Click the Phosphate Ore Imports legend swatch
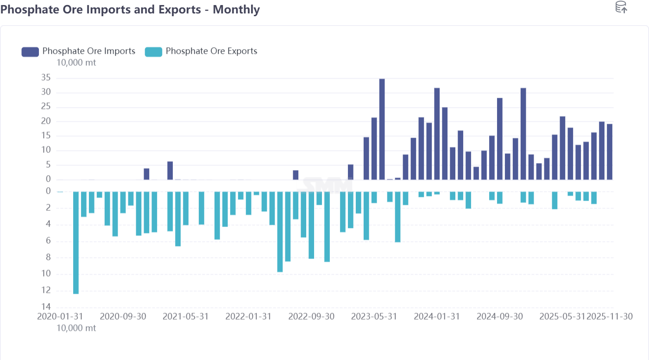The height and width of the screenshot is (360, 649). pos(30,51)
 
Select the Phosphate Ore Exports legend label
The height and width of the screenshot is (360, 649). pos(211,51)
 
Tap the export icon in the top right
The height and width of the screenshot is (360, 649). pos(621,7)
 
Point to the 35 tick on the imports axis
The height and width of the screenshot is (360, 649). pos(45,78)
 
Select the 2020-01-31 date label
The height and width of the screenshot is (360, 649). pos(60,316)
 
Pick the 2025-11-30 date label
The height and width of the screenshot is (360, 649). pos(610,316)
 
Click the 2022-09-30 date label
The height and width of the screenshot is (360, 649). pos(311,316)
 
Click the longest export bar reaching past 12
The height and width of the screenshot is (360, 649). pos(76,242)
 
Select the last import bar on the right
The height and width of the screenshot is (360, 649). pos(610,152)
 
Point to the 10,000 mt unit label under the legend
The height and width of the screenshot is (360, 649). pos(76,63)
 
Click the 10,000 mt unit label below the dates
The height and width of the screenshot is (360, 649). pos(76,328)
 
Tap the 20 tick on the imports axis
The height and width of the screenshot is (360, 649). pos(45,121)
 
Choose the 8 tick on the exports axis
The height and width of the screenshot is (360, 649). pos(47,258)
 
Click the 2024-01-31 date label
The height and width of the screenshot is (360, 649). pos(437,316)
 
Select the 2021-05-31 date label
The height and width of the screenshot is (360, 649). pos(186,316)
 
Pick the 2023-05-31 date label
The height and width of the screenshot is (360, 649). pos(374,316)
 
